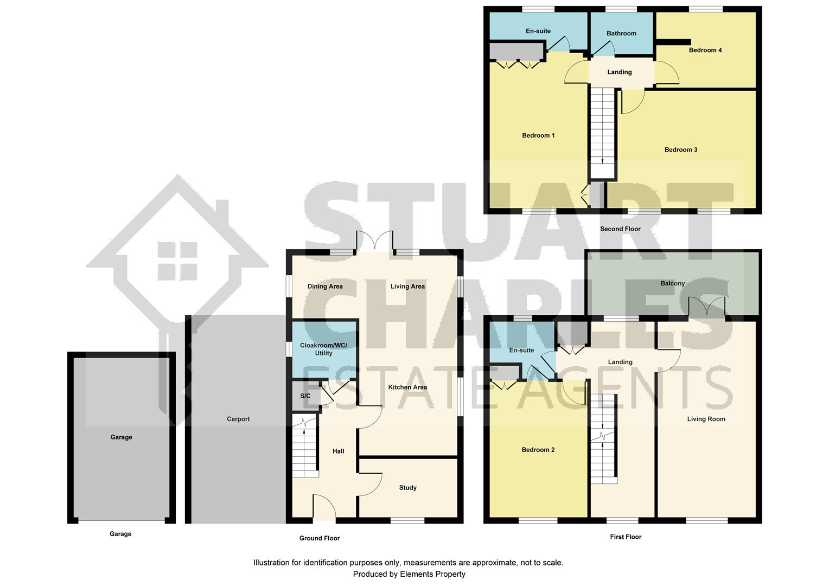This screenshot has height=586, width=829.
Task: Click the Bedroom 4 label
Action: coord(705,50)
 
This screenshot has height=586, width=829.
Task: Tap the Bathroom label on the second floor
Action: coord(621,34)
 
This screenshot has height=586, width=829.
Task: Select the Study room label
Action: coord(408,488)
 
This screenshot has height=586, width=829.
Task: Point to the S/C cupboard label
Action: coord(305,396)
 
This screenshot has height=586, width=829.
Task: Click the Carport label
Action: coord(238,419)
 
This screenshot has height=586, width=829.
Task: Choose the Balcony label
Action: coord(673,283)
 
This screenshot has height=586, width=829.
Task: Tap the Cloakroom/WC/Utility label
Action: coord(324,349)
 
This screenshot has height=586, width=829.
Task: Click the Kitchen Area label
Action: coord(407,387)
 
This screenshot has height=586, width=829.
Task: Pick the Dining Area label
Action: coord(325,286)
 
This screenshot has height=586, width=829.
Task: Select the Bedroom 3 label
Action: coord(681,150)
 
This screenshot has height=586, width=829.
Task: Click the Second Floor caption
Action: coord(620,229)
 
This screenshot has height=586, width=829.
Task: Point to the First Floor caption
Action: coord(626,537)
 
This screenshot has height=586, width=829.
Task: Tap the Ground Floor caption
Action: coord(320,538)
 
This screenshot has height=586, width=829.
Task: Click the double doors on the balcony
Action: coord(707,307)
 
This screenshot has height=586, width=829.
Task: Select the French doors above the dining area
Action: coord(374,241)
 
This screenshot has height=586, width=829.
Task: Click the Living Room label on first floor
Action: coord(706,419)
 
